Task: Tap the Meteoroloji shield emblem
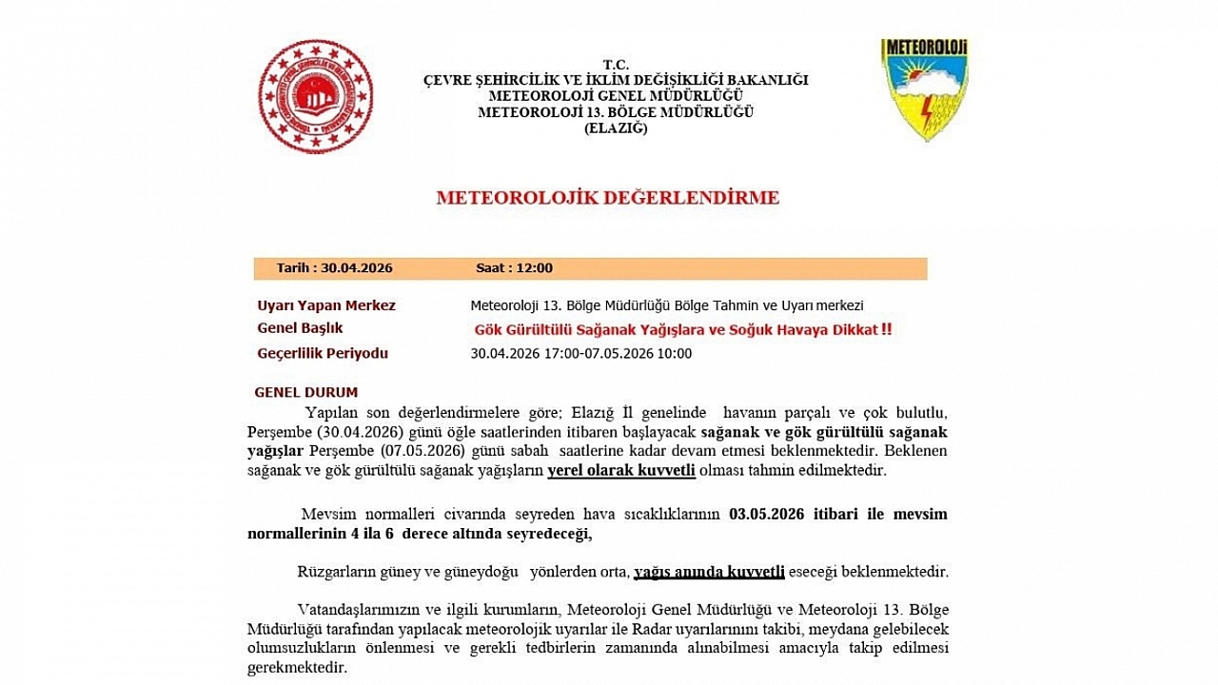point(924,89)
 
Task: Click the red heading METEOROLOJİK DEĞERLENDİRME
point(607,198)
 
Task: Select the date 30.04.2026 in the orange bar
point(356,268)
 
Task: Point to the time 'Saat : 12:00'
point(514,268)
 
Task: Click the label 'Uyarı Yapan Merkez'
point(326,305)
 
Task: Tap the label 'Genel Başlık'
point(300,328)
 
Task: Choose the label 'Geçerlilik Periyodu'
point(323,354)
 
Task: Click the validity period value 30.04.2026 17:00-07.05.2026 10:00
point(581,354)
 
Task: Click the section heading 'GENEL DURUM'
point(306,392)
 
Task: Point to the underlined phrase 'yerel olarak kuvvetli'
point(621,470)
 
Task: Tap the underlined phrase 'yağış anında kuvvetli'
point(709,572)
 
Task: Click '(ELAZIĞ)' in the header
point(616,127)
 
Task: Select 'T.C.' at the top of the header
point(616,64)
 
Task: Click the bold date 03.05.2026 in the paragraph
point(766,515)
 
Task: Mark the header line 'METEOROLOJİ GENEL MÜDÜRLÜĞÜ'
point(616,96)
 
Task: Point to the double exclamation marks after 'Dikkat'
point(886,330)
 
